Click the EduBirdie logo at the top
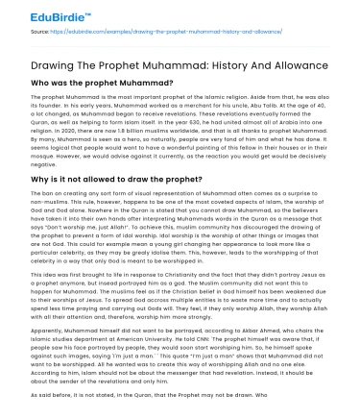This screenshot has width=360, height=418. [39, 16]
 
